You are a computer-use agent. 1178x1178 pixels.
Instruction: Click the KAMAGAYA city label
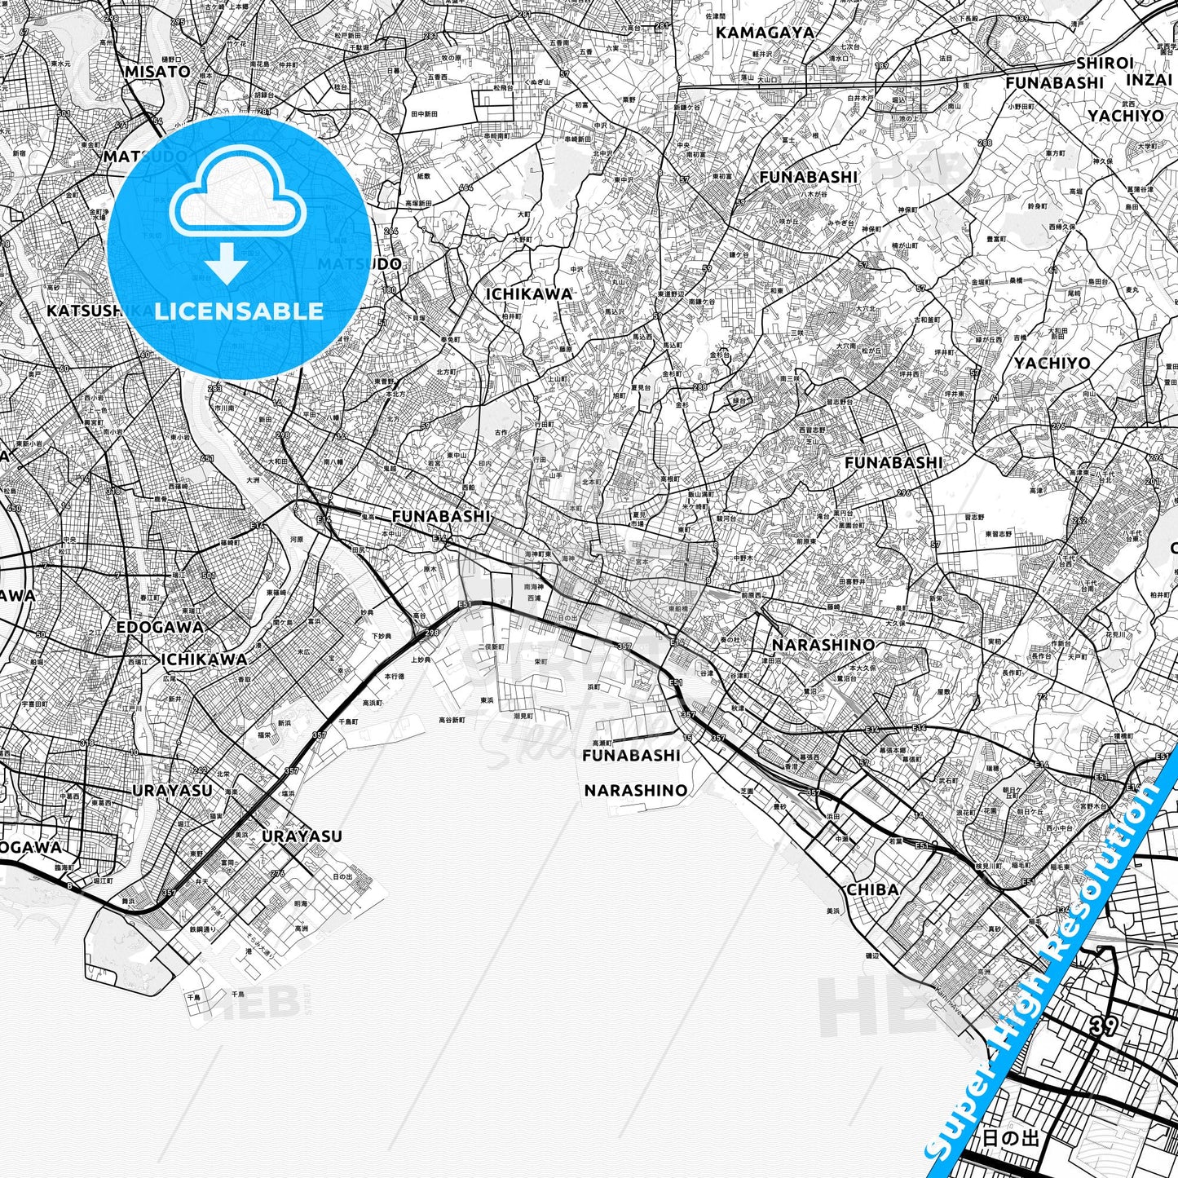pos(765,33)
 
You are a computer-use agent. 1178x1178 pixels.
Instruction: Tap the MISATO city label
pos(157,72)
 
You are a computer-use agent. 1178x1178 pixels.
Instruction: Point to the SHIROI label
pos(1105,63)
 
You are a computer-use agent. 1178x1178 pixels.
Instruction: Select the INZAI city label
pos(1149,80)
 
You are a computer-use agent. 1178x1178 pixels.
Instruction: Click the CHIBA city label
pos(872,889)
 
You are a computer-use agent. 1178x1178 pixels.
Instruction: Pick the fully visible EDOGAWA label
pos(160,627)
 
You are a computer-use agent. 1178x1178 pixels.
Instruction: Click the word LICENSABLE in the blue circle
pos(238,311)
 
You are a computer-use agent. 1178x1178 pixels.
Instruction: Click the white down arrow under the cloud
pos(227,264)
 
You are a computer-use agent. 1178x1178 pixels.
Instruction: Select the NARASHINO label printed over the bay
pos(635,790)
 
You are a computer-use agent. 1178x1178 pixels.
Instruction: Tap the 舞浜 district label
pos(127,901)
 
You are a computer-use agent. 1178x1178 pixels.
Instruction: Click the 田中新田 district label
pos(424,114)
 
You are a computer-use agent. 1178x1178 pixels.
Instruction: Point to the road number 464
pos(465,188)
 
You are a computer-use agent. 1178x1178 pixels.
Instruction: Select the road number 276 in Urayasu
pos(277,873)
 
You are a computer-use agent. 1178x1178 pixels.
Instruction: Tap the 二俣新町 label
pos(492,646)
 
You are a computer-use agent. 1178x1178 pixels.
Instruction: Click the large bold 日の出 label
pos(1011,1137)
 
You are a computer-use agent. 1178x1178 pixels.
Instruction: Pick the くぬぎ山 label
pos(538,82)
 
